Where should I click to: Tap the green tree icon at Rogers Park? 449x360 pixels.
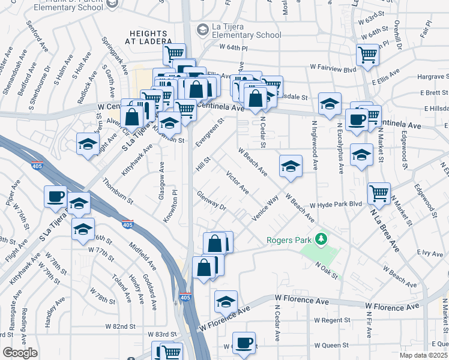[322, 239]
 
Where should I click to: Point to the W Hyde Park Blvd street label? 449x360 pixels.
[336, 204]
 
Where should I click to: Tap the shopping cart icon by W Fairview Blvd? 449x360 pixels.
[367, 55]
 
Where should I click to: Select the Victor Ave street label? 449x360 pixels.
[237, 182]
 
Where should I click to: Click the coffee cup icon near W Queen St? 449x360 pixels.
[244, 343]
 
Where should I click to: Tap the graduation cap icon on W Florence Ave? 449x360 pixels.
[226, 301]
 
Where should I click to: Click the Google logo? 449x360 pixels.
[20, 353]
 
